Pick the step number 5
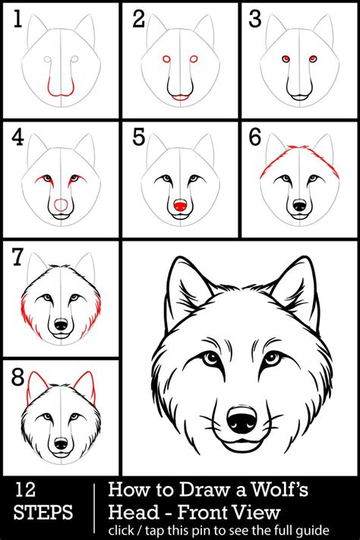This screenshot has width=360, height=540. point(137,138)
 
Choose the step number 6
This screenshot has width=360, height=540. point(255,138)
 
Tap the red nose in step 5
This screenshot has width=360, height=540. point(180,206)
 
